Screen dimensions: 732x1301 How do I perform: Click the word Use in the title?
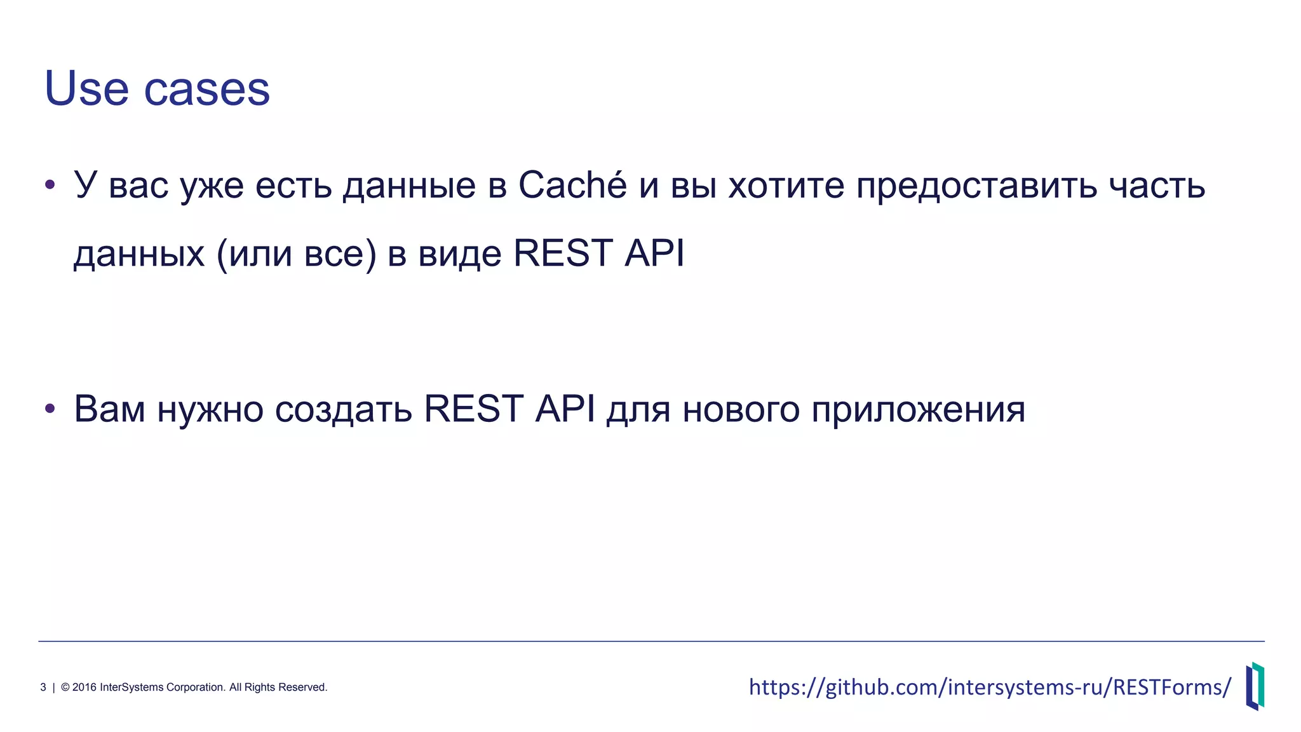coord(86,88)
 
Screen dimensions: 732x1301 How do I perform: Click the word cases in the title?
coord(207,90)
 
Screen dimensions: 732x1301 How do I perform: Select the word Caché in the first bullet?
coord(572,186)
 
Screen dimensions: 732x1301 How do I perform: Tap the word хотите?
coord(786,186)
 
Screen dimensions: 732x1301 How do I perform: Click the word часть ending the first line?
coord(1157,186)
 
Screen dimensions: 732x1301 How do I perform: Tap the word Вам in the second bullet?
coord(110,409)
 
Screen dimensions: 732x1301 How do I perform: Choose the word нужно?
coord(210,410)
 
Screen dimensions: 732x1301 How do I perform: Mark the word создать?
coord(344,410)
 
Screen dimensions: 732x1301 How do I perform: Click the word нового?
coord(741,410)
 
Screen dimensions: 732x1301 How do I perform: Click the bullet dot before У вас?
coord(50,186)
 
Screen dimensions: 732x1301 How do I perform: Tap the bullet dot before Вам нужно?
coord(50,409)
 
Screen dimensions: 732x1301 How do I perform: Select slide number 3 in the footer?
coord(43,687)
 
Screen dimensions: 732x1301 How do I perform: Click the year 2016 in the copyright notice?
coord(84,687)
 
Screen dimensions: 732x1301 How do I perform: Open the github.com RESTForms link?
coord(990,687)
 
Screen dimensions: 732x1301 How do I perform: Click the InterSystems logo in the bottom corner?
coord(1255,686)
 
